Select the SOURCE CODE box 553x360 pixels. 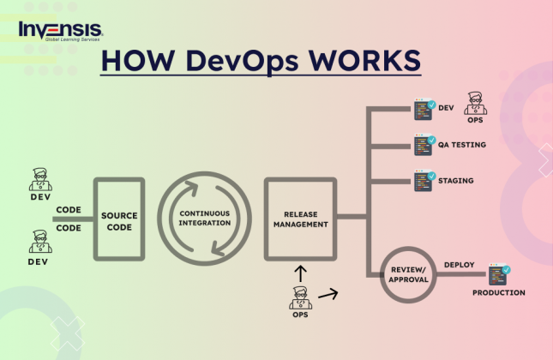pos(119,219)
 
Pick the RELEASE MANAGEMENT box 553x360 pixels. pos(297,219)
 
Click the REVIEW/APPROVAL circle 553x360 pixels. pos(409,273)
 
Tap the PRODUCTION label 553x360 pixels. pos(499,293)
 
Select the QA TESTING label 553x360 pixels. pos(462,145)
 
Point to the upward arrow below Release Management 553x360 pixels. pos(299,273)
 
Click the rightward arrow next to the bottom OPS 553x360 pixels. pos(328,294)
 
